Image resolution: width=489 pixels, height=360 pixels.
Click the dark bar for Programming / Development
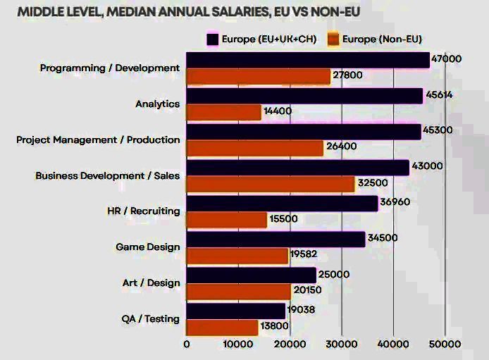tap(308, 60)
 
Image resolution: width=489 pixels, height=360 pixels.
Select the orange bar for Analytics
tap(223, 112)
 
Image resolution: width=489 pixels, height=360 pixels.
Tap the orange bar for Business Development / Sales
tap(271, 184)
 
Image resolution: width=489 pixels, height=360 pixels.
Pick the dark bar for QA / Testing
tap(236, 311)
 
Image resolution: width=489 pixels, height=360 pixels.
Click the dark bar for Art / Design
tap(252, 275)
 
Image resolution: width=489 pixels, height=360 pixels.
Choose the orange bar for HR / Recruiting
tap(227, 220)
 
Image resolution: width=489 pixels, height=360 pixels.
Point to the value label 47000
tap(447, 59)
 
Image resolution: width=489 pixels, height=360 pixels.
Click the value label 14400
tap(277, 111)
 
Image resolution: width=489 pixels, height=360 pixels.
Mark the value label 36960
tap(395, 202)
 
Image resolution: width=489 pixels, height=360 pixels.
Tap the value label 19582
tap(304, 255)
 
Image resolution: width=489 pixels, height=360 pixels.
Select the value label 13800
tap(274, 328)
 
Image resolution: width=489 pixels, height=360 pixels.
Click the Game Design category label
tap(147, 247)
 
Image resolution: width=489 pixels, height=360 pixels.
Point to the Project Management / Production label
tap(98, 139)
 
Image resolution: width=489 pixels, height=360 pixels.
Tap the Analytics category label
tap(157, 104)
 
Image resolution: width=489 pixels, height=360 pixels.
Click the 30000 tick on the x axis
tap(342, 345)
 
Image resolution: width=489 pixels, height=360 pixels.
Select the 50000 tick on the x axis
tap(445, 345)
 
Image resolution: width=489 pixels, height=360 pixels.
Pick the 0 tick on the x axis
tap(187, 345)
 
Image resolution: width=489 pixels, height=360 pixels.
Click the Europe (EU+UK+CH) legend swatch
tap(211, 39)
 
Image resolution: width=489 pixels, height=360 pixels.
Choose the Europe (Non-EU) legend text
tap(382, 39)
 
